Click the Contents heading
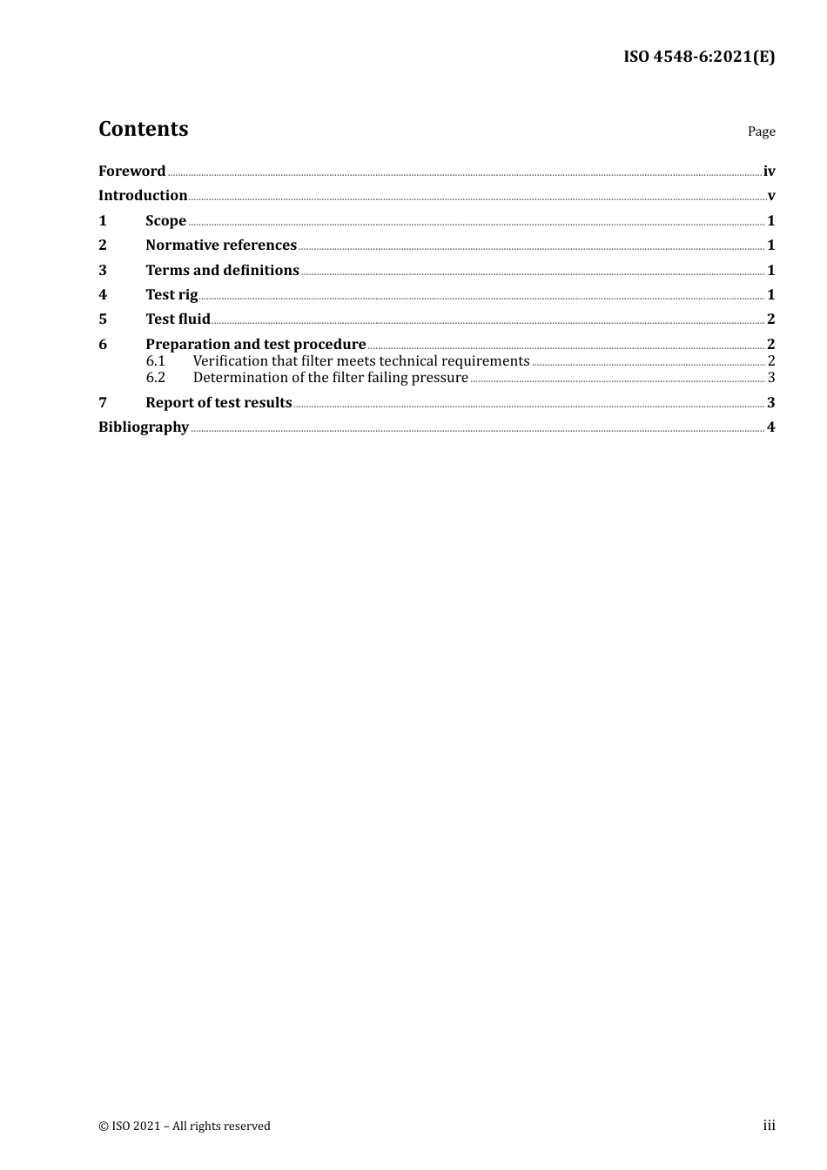[x=143, y=129]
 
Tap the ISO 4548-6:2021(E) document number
[x=698, y=57]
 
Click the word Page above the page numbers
[x=761, y=131]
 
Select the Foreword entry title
[x=131, y=171]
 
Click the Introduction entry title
[x=143, y=196]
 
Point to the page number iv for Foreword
[x=769, y=171]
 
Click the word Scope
[x=165, y=221]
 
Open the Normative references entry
[x=221, y=245]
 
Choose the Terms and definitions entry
[x=222, y=271]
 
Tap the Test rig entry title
[x=171, y=295]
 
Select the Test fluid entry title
[x=178, y=319]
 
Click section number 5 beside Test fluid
[x=103, y=319]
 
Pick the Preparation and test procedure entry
[x=255, y=345]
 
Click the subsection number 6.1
[x=155, y=361]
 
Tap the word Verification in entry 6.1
[x=230, y=361]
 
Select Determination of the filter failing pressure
[x=330, y=378]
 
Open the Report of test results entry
[x=219, y=403]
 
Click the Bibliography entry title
[x=144, y=427]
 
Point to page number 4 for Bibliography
[x=770, y=427]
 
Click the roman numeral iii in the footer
[x=769, y=1126]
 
